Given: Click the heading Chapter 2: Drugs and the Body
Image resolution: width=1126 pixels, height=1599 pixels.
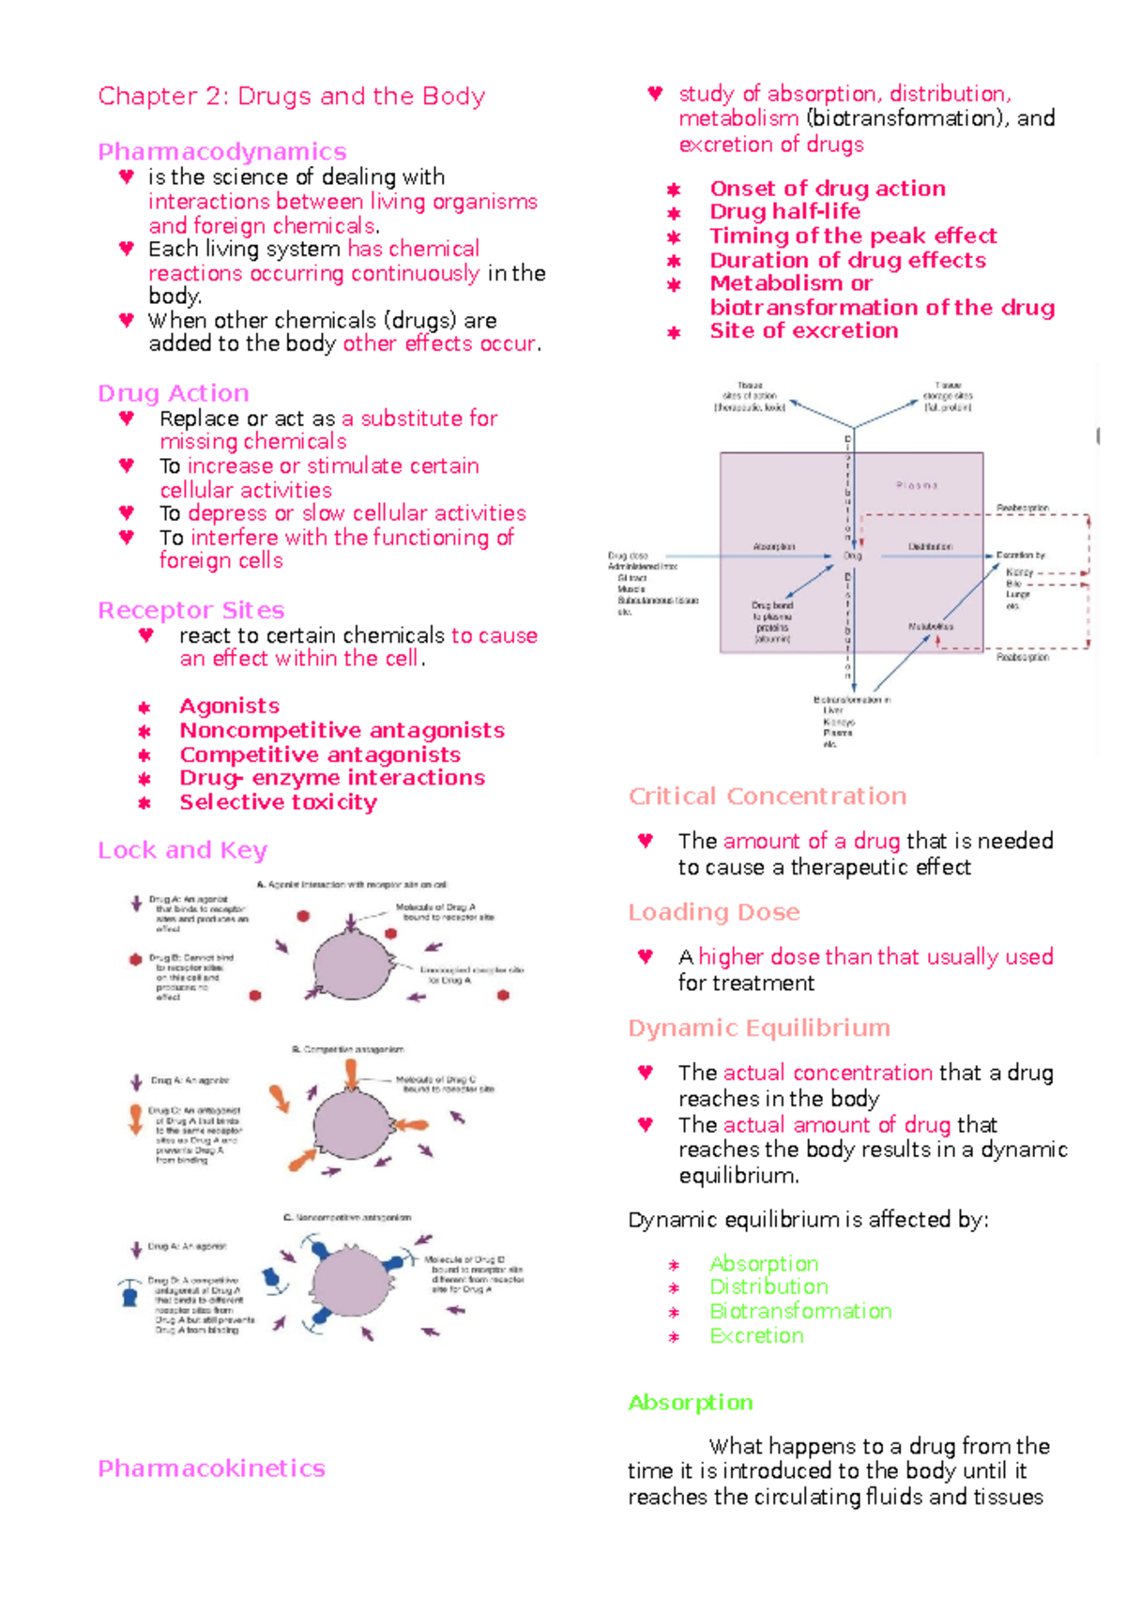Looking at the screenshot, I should point(291,97).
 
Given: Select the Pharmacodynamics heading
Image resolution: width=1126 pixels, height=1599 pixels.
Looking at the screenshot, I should point(221,152).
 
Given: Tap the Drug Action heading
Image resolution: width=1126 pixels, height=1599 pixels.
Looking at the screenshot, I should point(174,393).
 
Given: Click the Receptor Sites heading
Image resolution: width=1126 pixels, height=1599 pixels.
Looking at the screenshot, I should point(190,611).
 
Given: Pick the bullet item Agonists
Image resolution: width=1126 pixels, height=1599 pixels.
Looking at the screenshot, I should point(229,706).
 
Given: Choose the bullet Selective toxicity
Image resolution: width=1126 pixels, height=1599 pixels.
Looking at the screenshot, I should point(278,802).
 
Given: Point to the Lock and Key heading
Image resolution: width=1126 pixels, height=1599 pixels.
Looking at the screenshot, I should point(182,850).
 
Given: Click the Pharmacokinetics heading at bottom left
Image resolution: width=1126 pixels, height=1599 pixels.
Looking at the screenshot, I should point(211,1469).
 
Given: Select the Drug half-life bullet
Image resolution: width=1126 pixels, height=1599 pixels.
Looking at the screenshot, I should point(784,212).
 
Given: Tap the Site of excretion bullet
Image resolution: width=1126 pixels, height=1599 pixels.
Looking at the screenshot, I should point(803,331).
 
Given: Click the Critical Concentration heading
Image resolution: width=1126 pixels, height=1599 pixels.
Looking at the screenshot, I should point(767,797).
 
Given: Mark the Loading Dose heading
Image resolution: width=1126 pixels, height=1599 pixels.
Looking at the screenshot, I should point(713,912).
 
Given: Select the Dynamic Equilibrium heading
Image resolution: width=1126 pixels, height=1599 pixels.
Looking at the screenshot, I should point(758,1028).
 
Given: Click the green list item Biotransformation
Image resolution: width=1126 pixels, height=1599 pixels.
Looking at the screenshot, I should point(799,1312).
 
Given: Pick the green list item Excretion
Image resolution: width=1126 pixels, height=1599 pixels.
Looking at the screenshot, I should point(756,1336).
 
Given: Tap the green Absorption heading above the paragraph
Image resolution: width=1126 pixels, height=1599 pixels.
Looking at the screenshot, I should point(690,1403).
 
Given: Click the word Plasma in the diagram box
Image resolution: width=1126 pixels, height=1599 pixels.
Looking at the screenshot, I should point(916,486).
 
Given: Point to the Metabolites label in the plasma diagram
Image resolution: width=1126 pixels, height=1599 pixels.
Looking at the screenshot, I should point(930,626).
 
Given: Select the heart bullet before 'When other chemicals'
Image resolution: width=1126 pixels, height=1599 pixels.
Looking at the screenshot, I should point(127,320).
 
